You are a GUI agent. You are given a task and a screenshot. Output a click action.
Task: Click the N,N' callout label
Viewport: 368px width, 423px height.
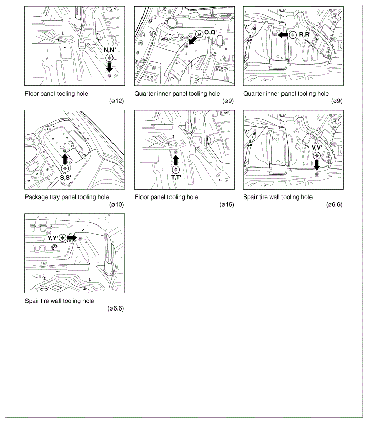(x=110, y=50)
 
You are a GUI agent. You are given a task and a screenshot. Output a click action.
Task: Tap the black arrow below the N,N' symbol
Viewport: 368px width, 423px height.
(x=109, y=67)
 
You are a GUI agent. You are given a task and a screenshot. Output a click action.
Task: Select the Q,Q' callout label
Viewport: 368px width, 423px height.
(x=210, y=32)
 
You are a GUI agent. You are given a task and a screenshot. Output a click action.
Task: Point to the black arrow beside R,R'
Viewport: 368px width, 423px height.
(x=283, y=35)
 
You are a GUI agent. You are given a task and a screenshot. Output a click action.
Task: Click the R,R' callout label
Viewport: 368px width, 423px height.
(x=305, y=35)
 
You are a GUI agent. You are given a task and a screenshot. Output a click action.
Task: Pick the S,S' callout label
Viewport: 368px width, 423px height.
(x=65, y=177)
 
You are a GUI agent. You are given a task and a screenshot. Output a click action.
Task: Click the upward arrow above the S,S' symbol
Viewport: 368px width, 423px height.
(x=65, y=159)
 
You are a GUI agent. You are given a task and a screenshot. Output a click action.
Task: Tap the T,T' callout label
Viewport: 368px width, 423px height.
(x=176, y=177)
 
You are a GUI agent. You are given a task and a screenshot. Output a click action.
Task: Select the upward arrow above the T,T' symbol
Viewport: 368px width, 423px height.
(x=176, y=160)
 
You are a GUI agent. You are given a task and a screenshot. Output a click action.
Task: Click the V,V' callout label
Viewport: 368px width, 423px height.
(x=317, y=147)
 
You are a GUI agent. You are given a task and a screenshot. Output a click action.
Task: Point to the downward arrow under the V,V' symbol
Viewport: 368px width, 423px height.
(x=317, y=165)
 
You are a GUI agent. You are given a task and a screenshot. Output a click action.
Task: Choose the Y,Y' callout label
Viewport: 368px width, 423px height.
(x=53, y=238)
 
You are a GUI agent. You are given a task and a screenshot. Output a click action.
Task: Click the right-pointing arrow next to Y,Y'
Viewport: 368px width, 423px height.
(x=72, y=238)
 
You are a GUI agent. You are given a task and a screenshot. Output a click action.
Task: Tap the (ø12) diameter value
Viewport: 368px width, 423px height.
(x=117, y=101)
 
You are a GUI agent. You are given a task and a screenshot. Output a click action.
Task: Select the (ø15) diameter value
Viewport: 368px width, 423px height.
(x=227, y=205)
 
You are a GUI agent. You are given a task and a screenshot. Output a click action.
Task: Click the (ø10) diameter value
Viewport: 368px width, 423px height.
(x=117, y=205)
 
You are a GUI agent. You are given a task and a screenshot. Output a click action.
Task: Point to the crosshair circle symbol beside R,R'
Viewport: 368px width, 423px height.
(x=293, y=35)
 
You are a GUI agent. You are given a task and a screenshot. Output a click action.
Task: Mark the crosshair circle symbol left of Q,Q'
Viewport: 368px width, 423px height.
(x=199, y=34)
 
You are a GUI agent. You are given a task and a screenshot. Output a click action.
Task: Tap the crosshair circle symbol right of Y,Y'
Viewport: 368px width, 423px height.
(x=62, y=238)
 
